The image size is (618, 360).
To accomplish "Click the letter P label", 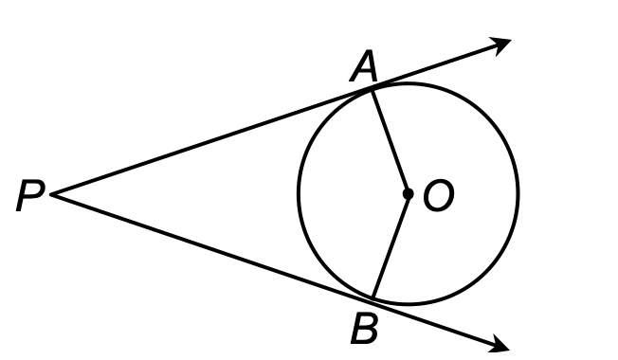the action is tap(29, 198).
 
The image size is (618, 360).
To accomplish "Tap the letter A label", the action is tap(362, 66).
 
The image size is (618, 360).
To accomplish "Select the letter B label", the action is tap(364, 330).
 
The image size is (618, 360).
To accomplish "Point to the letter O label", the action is tap(439, 196).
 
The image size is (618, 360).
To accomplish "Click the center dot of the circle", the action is tap(408, 193).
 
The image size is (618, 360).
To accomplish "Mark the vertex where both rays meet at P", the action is tap(52, 194).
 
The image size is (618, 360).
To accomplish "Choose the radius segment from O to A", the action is tap(390, 140).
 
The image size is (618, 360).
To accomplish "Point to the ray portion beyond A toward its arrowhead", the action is tap(436, 64).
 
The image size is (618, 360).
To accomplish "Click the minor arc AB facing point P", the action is tap(300, 193).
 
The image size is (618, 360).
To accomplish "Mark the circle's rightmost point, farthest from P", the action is tap(518, 193).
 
